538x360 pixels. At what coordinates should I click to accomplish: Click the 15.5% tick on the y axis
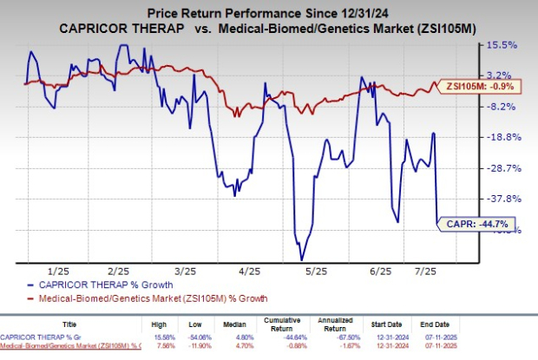(x=506, y=45)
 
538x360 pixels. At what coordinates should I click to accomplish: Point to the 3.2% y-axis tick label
(x=506, y=75)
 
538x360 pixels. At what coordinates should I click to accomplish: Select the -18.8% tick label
(x=506, y=137)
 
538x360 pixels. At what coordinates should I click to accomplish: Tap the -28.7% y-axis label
(x=506, y=167)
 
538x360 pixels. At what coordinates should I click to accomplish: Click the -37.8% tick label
(x=506, y=198)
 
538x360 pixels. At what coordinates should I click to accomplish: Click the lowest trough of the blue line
(x=301, y=259)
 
